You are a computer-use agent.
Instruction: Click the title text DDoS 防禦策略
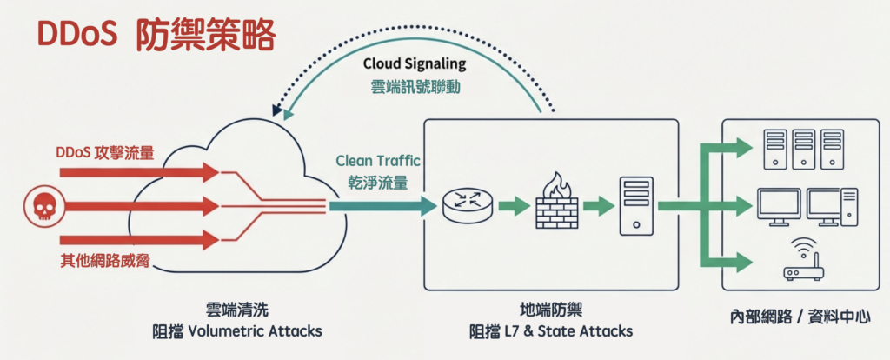156,35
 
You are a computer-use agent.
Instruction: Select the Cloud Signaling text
414,64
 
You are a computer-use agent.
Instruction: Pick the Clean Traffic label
378,160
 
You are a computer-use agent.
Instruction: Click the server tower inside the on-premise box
636,205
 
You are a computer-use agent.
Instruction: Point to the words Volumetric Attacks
255,331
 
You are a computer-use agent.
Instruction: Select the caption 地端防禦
550,310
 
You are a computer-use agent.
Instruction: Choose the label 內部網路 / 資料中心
800,317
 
